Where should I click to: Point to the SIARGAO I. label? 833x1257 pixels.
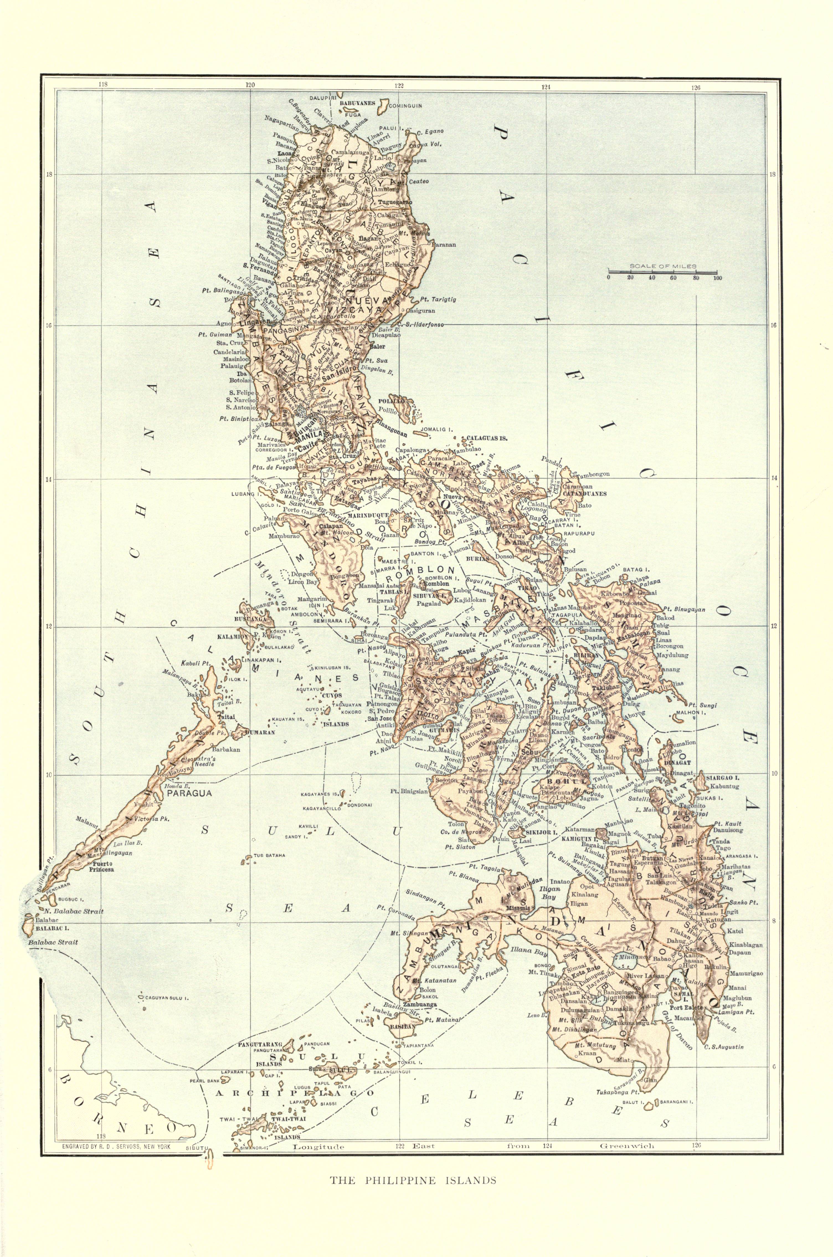(x=723, y=777)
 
